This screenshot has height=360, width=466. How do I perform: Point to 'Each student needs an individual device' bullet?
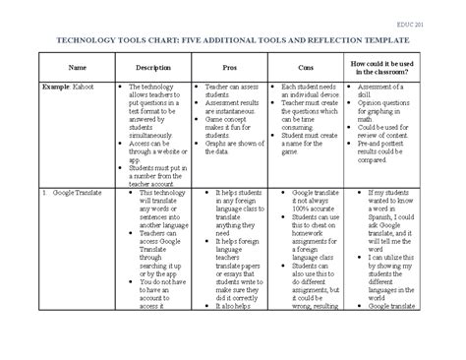point(312,90)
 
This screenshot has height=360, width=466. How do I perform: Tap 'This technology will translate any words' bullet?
point(154,208)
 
